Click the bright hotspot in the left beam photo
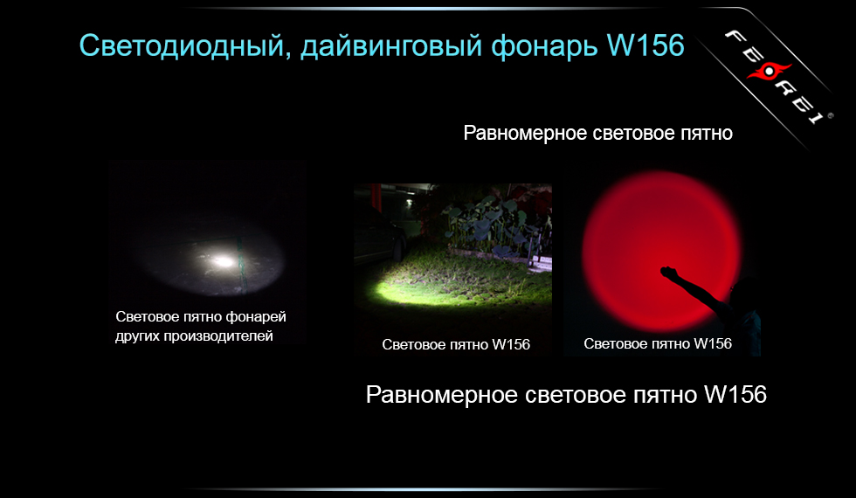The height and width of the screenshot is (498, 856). click(223, 260)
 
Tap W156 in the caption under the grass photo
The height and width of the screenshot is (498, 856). click(511, 344)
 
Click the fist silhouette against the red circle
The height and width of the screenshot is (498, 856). click(668, 273)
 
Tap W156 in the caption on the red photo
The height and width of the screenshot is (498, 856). click(713, 343)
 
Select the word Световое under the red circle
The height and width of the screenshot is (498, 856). click(613, 343)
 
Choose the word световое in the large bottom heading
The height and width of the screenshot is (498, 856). click(577, 395)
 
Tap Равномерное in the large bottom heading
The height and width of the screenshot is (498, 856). click(443, 395)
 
